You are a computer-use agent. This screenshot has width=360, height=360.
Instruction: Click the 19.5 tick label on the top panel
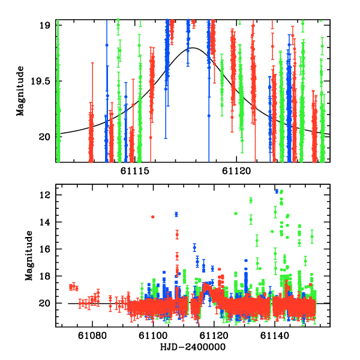[44, 80]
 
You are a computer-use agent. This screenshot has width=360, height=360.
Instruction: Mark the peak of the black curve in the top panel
[193, 48]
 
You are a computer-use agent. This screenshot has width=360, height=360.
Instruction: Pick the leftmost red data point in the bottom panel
[70, 287]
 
